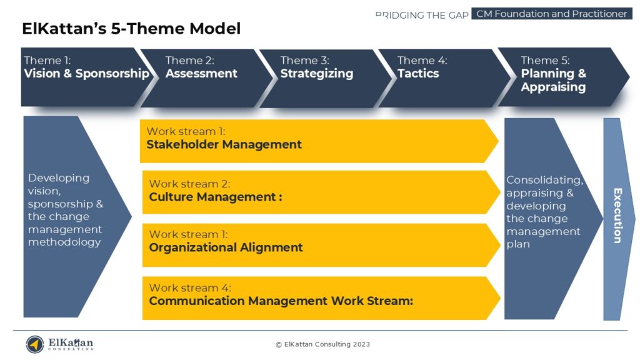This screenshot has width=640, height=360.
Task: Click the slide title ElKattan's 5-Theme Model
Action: [x=131, y=29]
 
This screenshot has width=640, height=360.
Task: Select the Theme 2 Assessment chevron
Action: [x=203, y=76]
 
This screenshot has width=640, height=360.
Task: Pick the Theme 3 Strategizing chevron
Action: [x=319, y=76]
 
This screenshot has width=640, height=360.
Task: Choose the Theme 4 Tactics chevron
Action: [x=437, y=76]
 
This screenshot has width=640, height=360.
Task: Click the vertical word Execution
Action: [x=617, y=216]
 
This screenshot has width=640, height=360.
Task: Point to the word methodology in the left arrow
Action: [x=64, y=242]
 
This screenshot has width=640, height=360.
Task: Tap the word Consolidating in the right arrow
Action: [x=544, y=181]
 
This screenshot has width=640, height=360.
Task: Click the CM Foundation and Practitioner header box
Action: [x=551, y=14]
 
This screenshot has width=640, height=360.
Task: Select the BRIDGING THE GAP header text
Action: [x=422, y=14]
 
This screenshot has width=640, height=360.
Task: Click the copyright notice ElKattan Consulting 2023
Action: [x=323, y=344]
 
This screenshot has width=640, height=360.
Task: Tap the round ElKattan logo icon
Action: [x=35, y=344]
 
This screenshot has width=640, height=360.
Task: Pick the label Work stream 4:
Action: [x=190, y=288]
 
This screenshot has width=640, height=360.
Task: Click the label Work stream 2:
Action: [x=190, y=184]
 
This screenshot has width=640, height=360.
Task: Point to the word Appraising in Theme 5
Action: [x=553, y=87]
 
